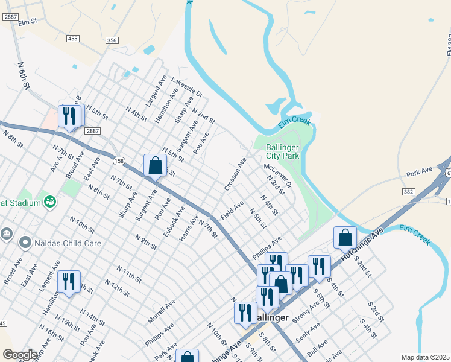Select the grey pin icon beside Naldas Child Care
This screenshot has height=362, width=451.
25,243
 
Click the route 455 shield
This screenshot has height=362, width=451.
73,39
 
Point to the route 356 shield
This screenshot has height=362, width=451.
112,40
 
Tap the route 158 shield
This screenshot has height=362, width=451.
119,160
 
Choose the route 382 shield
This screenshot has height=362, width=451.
408,191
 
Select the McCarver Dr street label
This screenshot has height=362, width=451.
277,174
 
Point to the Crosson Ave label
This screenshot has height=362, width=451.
235,175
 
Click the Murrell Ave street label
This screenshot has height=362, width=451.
161,310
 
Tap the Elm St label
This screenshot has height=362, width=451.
28,22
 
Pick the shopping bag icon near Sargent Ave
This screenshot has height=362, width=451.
155,165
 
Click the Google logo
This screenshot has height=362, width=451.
20,355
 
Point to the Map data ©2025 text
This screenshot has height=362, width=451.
424,357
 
